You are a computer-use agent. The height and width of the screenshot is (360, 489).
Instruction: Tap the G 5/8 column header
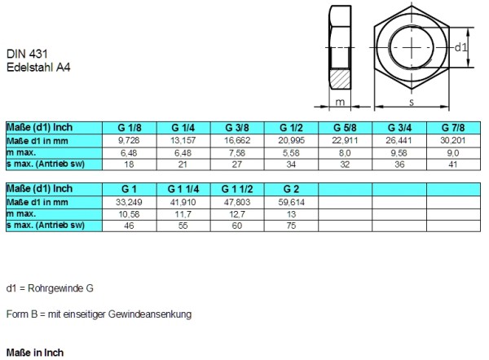point(345,129)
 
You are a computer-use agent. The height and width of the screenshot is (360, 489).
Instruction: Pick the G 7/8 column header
point(452,129)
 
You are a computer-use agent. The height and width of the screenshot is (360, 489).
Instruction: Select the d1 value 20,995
point(291,140)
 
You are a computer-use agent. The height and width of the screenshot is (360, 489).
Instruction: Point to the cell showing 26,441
point(399,140)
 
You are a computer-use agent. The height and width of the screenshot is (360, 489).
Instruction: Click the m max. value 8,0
point(345,152)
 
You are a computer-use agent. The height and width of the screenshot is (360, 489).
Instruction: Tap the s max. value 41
point(452,164)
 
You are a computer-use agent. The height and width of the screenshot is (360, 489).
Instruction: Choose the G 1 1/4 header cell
point(184,189)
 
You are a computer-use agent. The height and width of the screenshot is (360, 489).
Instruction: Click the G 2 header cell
point(291,189)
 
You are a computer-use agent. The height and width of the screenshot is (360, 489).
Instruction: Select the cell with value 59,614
point(291,201)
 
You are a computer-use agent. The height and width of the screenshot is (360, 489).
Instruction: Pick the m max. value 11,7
point(184,213)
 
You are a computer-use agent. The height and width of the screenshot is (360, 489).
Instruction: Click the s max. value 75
point(291,225)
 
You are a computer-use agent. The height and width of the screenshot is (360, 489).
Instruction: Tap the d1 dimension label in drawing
point(461,47)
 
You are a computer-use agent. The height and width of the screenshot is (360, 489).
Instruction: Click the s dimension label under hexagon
point(411,103)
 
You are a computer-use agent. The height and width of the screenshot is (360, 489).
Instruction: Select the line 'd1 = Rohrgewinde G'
point(50,288)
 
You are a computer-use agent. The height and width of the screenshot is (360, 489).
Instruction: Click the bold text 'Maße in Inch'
point(34,353)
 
